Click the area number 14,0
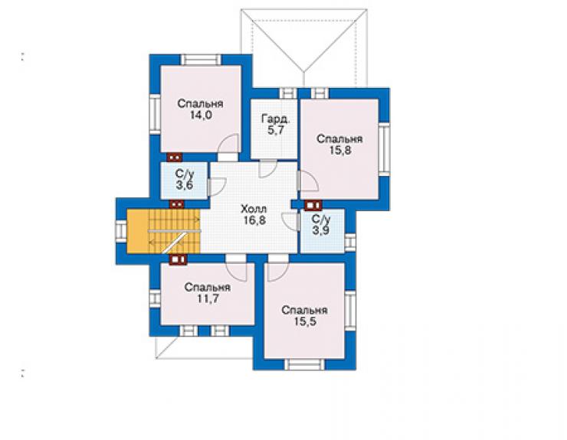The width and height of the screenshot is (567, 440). coord(201,116)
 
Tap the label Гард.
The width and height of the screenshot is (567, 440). coord(276,119)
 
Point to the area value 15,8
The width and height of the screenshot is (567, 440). coord(340,150)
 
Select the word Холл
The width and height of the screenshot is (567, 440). coord(254,209)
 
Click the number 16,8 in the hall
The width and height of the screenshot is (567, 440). coord(254,220)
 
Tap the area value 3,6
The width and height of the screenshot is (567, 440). coord(185,185)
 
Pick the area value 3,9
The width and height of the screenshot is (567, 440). coord(321,230)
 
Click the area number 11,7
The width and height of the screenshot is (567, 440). coord(208,298)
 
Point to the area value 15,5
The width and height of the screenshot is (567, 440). coord(305,321)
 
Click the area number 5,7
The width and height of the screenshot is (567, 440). coord(276,130)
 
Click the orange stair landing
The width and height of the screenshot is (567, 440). coord(137,231)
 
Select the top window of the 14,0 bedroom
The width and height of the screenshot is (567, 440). coord(201,60)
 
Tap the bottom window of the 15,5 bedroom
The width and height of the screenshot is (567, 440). coord(304,364)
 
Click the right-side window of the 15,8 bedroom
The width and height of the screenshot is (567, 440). coord(384,149)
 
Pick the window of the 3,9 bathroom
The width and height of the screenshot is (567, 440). coord(350,243)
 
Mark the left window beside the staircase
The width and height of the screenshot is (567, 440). coord(121,231)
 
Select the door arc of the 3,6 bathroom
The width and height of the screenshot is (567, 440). coord(218,187)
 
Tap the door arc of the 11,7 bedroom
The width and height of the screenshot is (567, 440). coord(237,272)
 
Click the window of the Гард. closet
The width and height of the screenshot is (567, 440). coord(288,93)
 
